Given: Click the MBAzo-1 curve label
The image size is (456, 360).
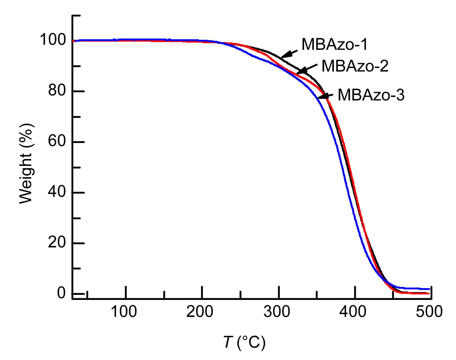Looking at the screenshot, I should (x=334, y=44).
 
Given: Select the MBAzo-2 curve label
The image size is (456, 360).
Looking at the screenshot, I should (x=355, y=66).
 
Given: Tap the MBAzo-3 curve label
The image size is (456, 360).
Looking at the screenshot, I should (x=371, y=95).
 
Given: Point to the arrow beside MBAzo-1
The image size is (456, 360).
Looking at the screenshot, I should (x=289, y=54).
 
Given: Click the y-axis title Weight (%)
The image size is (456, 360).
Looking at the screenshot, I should (x=27, y=163).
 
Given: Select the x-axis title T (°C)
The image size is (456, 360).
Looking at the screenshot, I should (x=244, y=342).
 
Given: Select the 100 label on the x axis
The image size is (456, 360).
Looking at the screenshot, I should (x=124, y=312).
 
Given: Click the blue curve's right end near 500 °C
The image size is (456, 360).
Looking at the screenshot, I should (x=428, y=289).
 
